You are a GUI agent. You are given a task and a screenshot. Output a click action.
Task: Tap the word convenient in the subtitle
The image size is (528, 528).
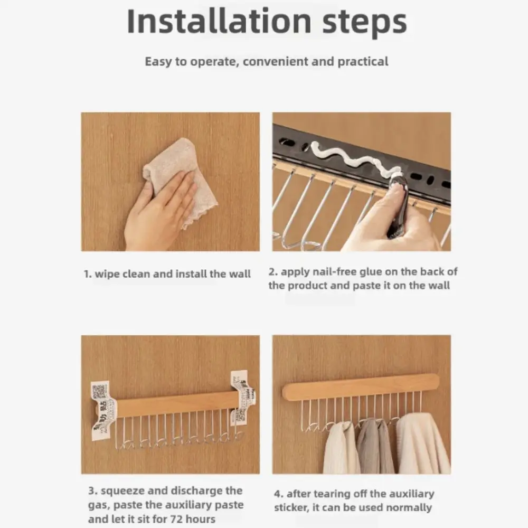[275, 61]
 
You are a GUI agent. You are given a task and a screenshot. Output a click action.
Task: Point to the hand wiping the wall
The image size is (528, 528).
[158, 211]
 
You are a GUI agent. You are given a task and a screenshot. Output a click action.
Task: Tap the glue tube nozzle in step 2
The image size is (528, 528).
[396, 174]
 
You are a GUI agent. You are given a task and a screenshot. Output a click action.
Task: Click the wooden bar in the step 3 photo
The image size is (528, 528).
[174, 404]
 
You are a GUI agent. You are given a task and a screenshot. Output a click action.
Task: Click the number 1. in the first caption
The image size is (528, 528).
[88, 274]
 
